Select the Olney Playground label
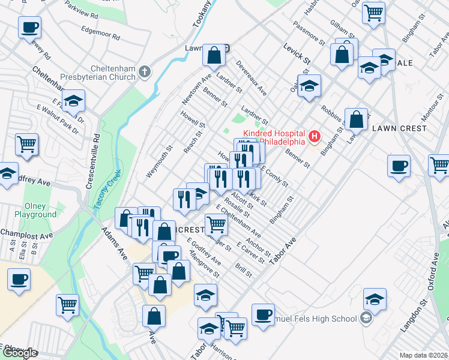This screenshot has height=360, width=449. point(35,210)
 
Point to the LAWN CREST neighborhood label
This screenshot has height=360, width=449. point(399,128)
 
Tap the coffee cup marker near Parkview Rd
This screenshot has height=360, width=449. point(30,27)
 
